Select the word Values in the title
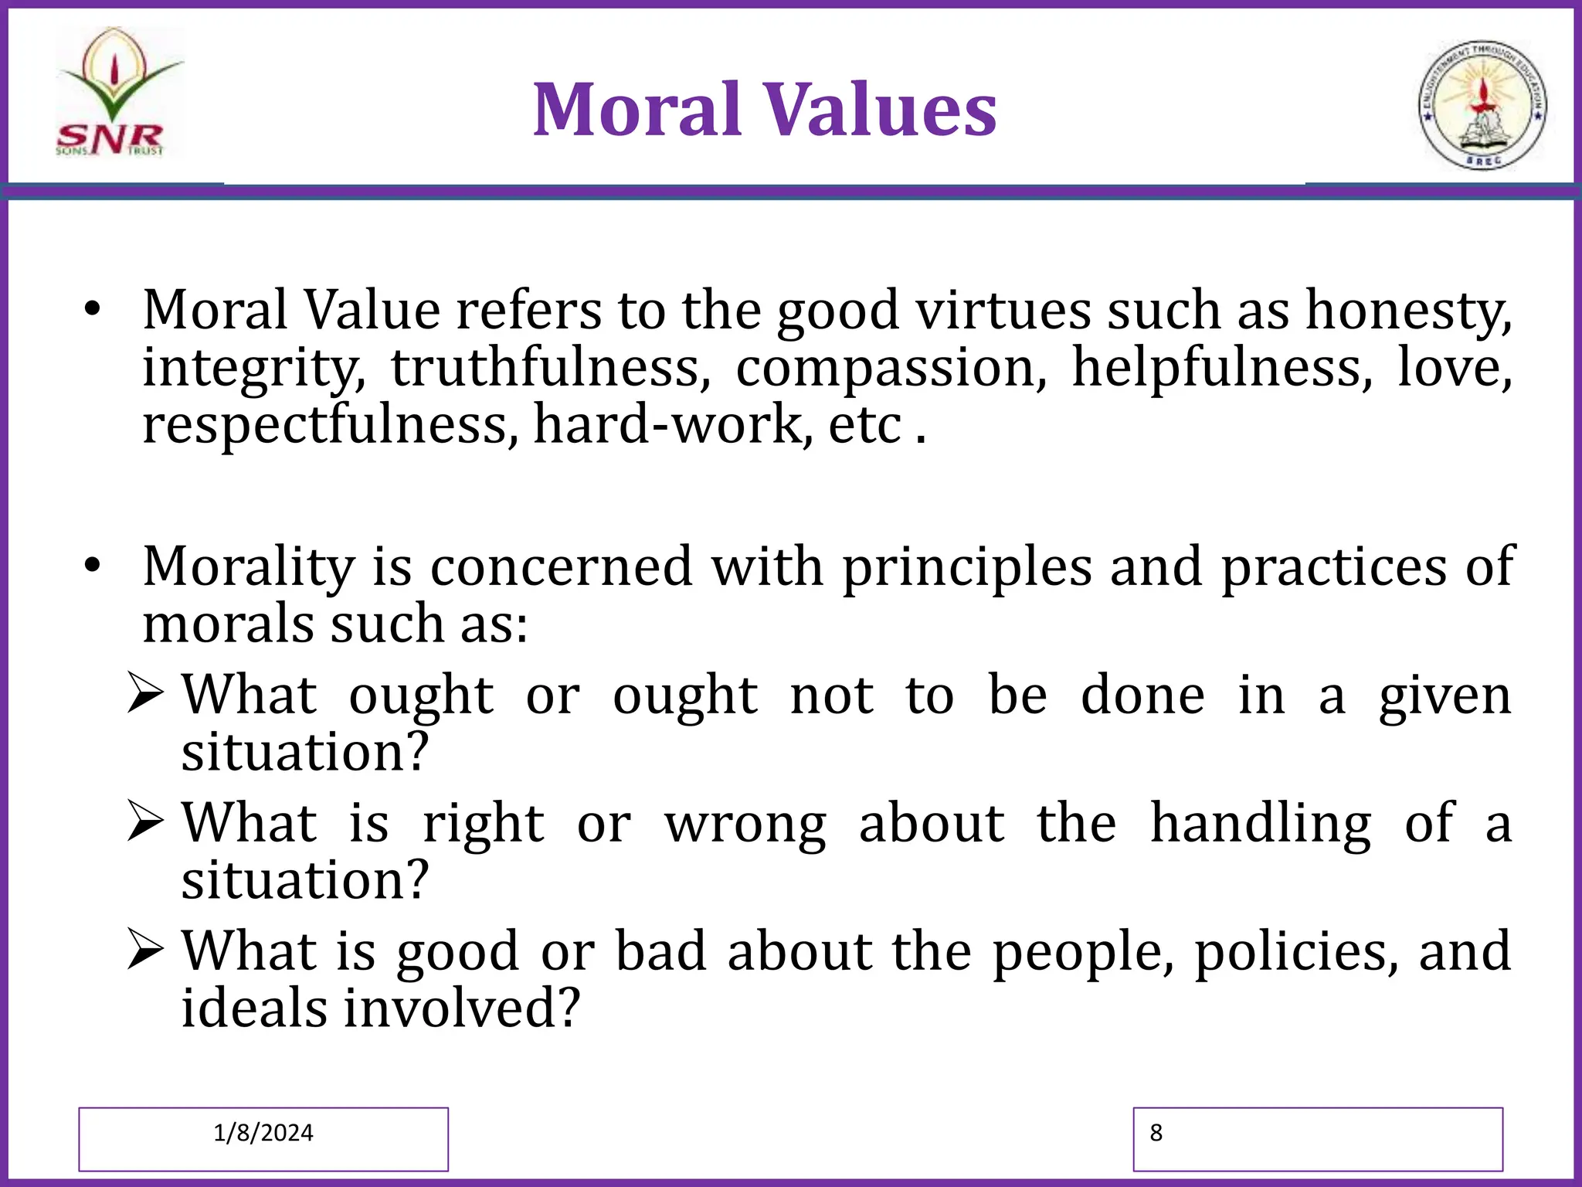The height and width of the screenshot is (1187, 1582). tap(881, 110)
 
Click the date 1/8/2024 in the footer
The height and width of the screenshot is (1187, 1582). tap(263, 1133)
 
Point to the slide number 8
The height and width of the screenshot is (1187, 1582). tap(1156, 1133)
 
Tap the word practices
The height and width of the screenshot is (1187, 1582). tap(1333, 567)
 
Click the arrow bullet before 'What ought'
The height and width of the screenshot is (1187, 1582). tap(145, 693)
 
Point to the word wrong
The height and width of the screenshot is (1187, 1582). tap(745, 824)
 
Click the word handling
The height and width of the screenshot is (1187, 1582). tap(1261, 824)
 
